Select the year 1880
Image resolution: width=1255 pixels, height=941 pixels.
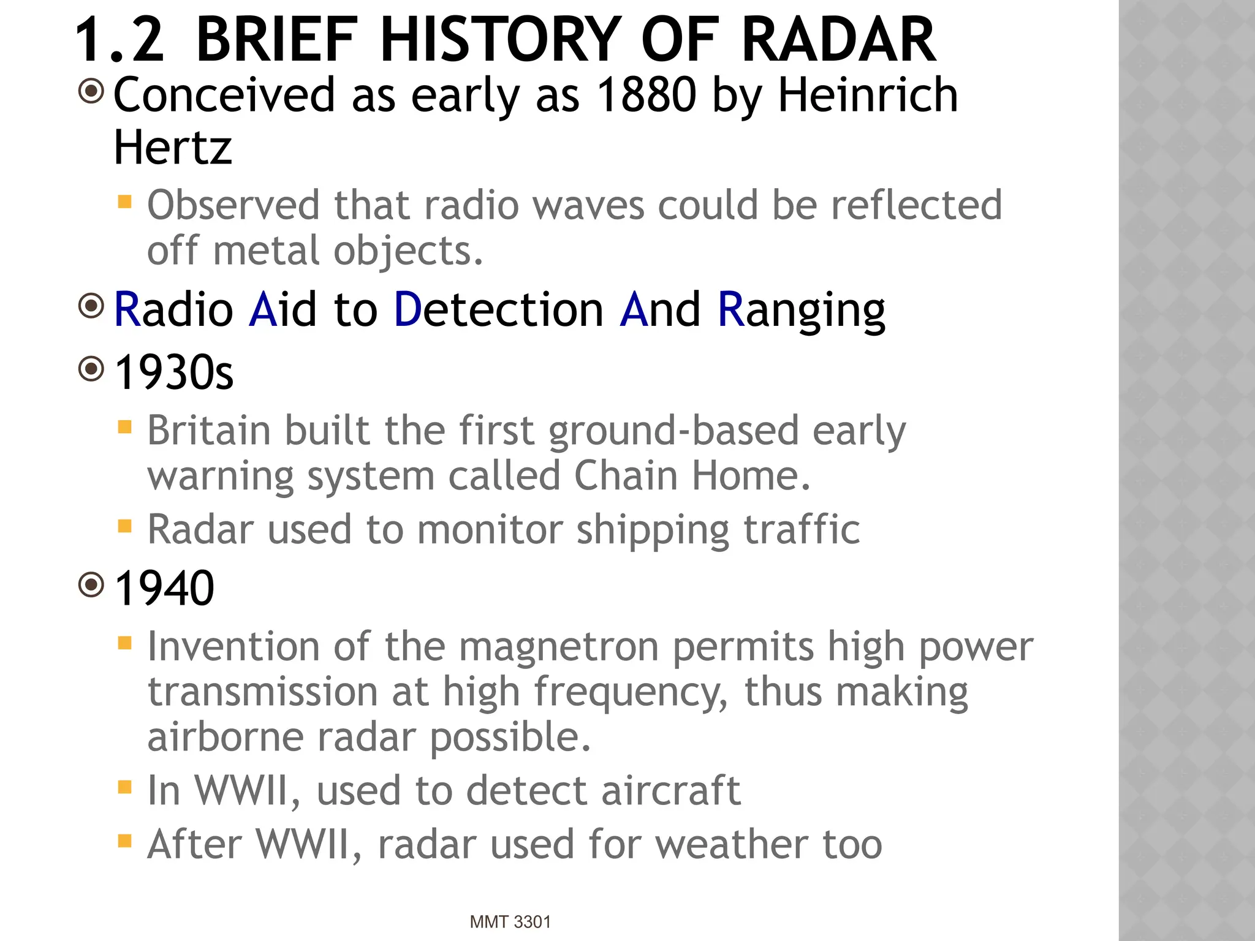[x=647, y=96]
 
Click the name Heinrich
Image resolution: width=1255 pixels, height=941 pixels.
[x=868, y=96]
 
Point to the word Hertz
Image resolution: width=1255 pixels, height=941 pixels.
[x=173, y=148]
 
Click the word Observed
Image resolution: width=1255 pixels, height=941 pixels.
[x=233, y=205]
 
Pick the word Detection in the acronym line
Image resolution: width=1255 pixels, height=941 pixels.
[x=499, y=310]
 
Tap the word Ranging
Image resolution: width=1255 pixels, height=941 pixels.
[x=801, y=310]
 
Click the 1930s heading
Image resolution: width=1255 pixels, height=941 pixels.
[x=174, y=372]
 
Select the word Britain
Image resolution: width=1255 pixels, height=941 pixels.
[x=209, y=430]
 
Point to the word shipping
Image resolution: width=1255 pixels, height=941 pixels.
[x=653, y=530]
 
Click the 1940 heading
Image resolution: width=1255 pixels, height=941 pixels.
[x=164, y=588]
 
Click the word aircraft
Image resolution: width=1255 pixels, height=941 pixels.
[x=670, y=790]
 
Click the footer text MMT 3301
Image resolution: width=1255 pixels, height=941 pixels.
[x=510, y=922]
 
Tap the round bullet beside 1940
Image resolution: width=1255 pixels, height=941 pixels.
[x=92, y=585]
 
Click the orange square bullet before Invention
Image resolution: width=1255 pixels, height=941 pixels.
[x=125, y=643]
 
